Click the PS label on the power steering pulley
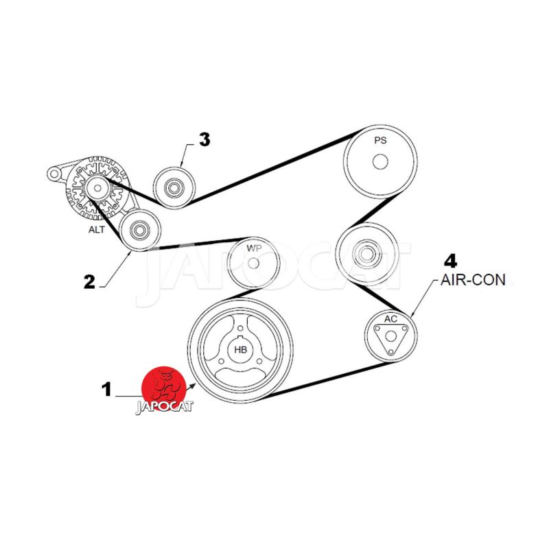[380, 141]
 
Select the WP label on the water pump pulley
[254, 248]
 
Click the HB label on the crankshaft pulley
[240, 349]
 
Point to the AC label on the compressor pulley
[390, 319]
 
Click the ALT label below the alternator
[97, 229]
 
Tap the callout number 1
[106, 390]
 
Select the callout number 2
[89, 281]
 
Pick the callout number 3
[204, 139]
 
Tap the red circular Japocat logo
[163, 388]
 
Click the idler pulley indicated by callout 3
[174, 186]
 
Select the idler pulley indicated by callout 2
[140, 230]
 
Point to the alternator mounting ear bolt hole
[54, 174]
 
